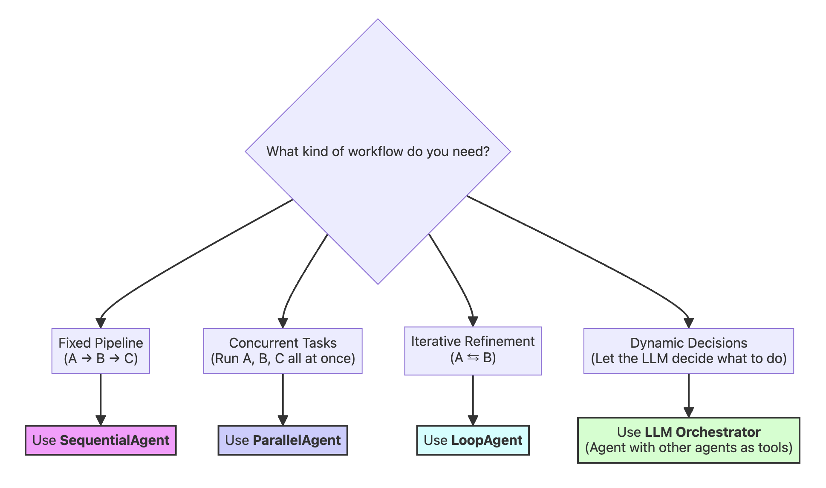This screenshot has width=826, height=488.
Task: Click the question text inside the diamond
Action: click(x=378, y=151)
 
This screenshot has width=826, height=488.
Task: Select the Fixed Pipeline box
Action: click(x=101, y=351)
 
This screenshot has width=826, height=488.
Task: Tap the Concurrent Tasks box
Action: click(x=283, y=351)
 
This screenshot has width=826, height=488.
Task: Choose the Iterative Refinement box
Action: click(x=473, y=351)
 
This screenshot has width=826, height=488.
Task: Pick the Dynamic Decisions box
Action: click(x=688, y=351)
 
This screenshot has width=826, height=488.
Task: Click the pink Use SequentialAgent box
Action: click(x=101, y=440)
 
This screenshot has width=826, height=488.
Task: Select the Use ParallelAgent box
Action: click(x=283, y=440)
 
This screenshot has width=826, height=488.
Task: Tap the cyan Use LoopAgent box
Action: click(x=473, y=440)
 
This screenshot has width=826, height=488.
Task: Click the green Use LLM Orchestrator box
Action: click(x=688, y=440)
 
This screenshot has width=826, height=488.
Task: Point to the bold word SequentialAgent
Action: click(x=115, y=440)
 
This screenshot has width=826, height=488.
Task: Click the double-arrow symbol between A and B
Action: click(x=473, y=357)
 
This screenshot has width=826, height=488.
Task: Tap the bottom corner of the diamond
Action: click(x=378, y=284)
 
